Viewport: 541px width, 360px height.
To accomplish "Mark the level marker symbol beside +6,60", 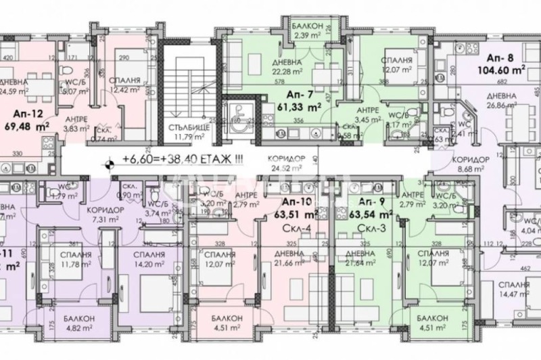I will coord(108,161).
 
